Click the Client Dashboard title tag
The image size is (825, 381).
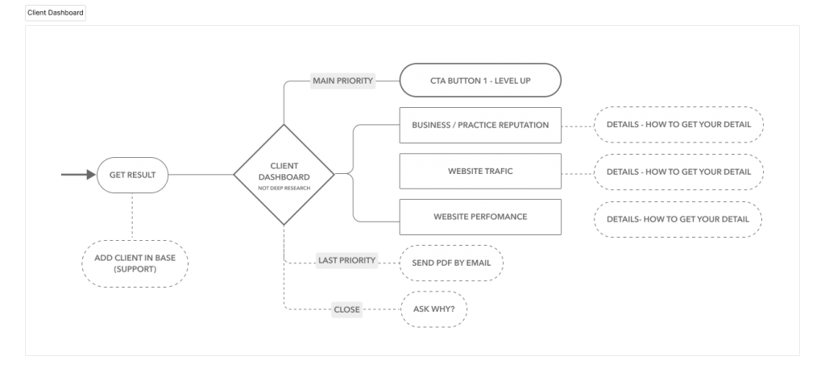(x=55, y=14)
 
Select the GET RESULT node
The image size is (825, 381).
(x=132, y=174)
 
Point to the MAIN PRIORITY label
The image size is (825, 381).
(x=343, y=81)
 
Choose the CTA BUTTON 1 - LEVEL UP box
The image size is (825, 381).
(x=480, y=81)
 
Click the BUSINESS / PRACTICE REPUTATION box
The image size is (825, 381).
(x=480, y=126)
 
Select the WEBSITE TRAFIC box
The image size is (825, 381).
(x=480, y=172)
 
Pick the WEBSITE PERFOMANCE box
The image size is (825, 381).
(x=480, y=217)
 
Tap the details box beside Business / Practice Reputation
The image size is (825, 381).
(x=678, y=126)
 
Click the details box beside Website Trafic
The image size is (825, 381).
(x=678, y=172)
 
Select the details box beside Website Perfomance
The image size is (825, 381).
(x=678, y=218)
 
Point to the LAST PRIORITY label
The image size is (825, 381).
(x=346, y=261)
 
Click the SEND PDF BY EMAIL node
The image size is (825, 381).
(x=452, y=263)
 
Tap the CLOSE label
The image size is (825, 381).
(x=347, y=309)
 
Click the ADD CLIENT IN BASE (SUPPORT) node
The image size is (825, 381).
(x=135, y=263)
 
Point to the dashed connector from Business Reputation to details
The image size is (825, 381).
(x=578, y=126)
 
